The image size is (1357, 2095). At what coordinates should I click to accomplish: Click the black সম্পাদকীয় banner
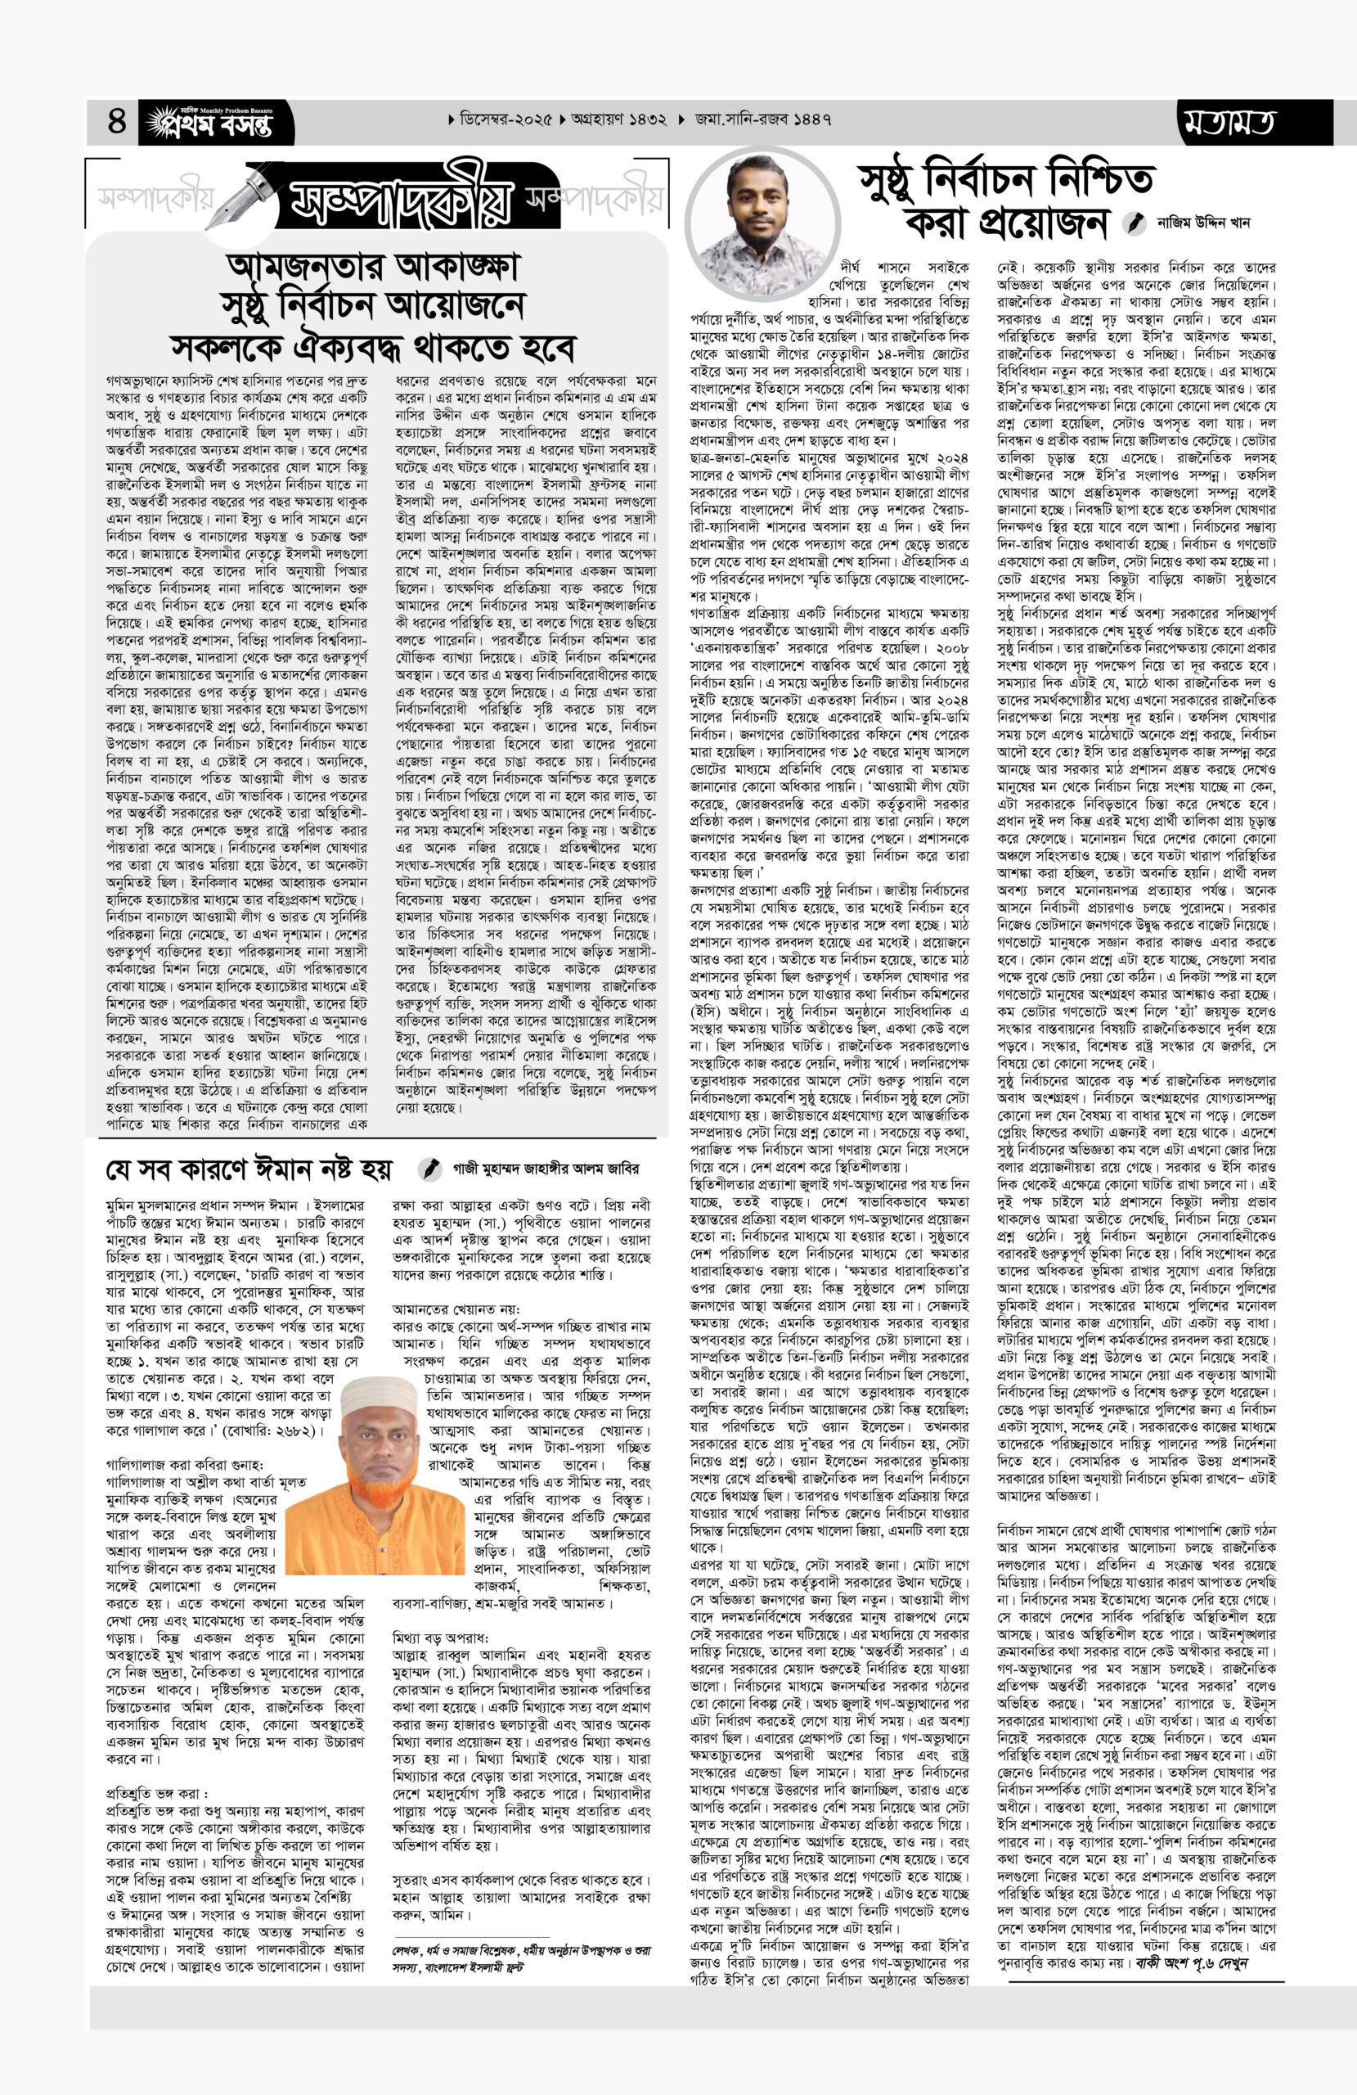point(402,202)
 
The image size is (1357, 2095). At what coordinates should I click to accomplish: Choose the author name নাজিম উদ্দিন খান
point(1203,223)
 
